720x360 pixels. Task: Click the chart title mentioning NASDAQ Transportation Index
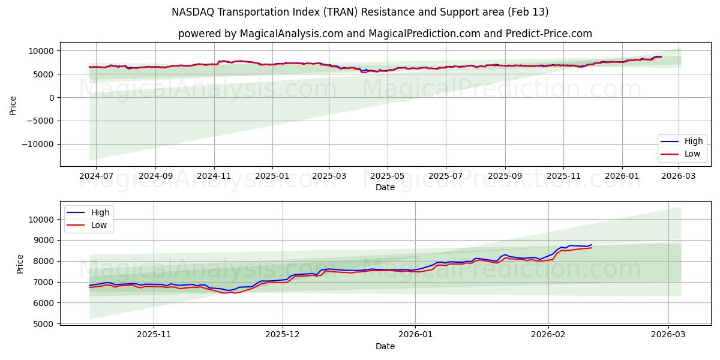click(360, 12)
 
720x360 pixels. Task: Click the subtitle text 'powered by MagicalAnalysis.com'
click(282, 34)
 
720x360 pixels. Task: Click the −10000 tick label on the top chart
click(38, 144)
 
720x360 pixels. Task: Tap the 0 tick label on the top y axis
click(52, 97)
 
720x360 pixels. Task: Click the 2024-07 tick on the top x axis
click(97, 176)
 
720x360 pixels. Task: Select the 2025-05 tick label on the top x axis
click(387, 176)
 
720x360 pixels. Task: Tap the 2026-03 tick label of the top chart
click(679, 176)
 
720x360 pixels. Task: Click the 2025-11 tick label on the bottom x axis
click(154, 335)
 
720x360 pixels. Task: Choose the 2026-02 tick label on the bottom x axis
click(548, 335)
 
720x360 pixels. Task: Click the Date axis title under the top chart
click(385, 187)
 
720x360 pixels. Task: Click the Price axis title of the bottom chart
click(20, 264)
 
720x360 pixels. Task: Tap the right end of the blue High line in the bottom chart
click(592, 245)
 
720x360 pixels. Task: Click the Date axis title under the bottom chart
click(385, 346)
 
